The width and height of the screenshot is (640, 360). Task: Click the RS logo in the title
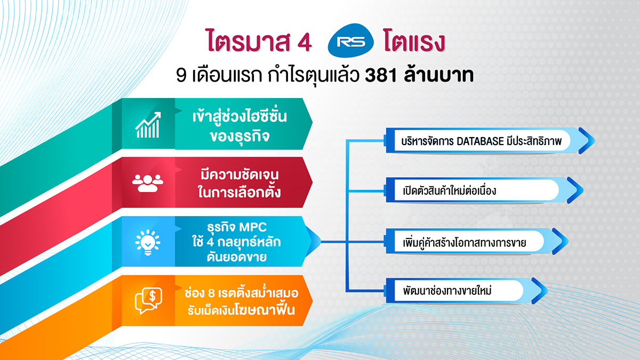(351, 41)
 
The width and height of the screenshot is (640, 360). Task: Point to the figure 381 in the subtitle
(381, 76)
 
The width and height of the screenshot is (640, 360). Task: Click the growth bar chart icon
(148, 125)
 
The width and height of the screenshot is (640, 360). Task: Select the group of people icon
(148, 183)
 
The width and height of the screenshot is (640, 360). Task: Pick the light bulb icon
(148, 242)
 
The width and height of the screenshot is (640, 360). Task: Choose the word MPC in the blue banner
(253, 227)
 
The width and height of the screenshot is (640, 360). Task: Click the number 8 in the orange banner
(211, 293)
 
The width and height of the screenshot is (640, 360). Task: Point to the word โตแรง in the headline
(414, 41)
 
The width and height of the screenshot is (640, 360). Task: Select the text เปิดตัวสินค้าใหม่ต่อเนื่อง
(450, 190)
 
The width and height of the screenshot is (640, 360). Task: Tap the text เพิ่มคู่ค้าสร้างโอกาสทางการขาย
(465, 242)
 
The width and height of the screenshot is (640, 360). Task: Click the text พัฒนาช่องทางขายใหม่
(447, 291)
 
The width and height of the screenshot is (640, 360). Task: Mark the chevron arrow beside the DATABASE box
(586, 141)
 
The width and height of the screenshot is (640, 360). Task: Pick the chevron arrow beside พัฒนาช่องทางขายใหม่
(539, 291)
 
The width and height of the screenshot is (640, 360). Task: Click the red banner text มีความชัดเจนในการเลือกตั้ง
(239, 183)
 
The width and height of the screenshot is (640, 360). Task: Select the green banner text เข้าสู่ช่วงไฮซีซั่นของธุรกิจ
(239, 126)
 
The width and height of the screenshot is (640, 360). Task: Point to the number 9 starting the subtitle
(181, 76)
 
